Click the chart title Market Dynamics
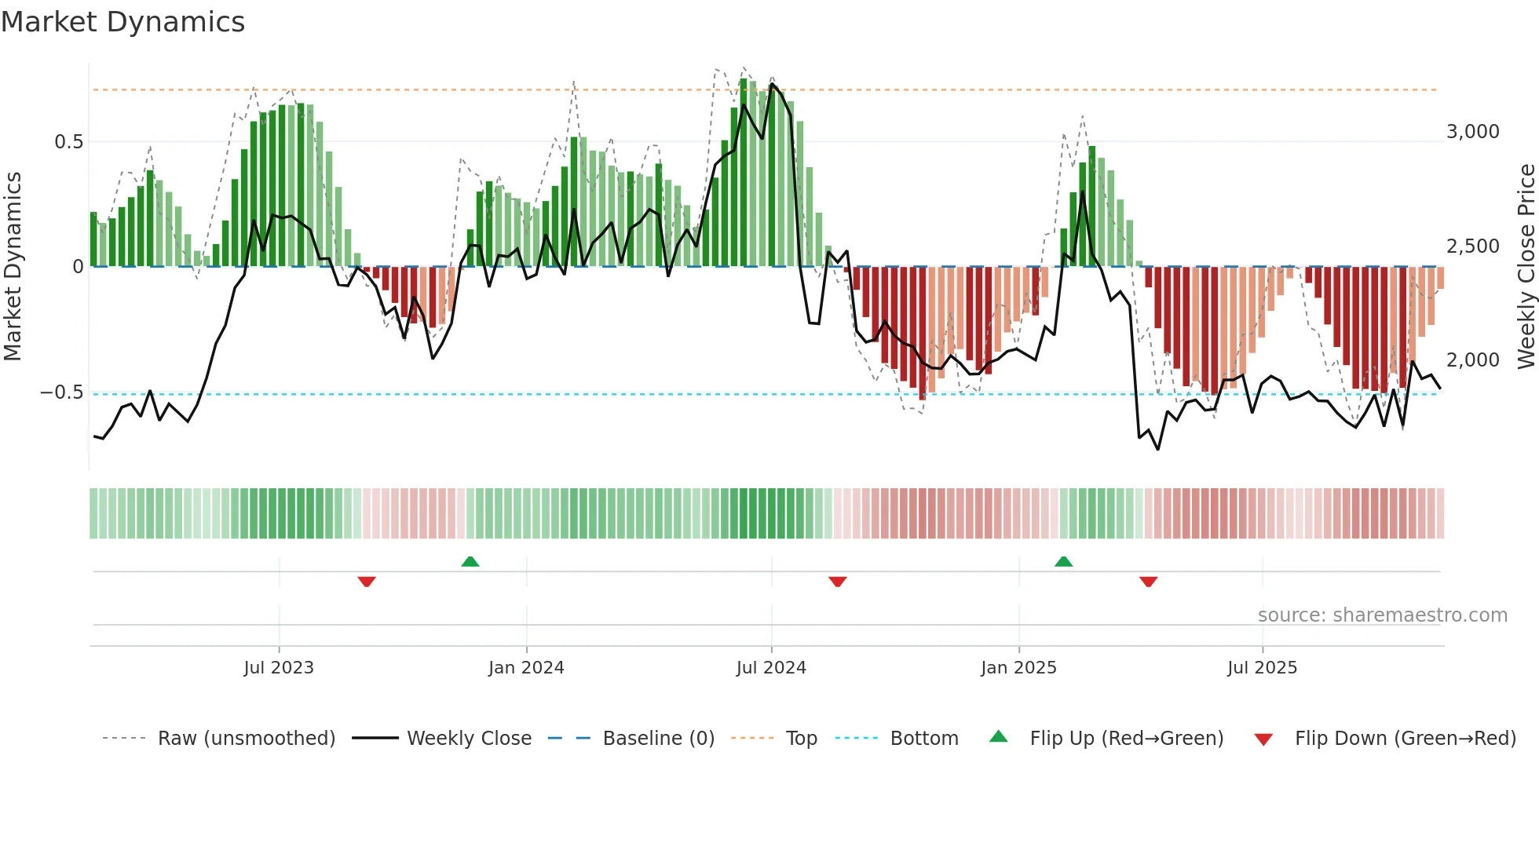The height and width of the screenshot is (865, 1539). tap(122, 22)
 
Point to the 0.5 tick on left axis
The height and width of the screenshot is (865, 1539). tap(68, 142)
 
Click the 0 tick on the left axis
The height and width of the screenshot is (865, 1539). tap(78, 267)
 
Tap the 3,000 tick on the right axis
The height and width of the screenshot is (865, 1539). tap(1472, 132)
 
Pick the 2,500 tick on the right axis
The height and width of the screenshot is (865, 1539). tap(1472, 246)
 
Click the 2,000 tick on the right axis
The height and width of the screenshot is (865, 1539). tap(1472, 360)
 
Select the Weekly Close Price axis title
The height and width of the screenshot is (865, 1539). tap(1526, 267)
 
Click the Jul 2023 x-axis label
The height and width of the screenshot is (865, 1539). tap(279, 668)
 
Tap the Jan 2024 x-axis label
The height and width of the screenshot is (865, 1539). tap(526, 668)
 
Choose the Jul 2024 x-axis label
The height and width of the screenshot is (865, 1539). tap(771, 668)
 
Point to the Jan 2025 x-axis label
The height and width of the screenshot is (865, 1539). tap(1018, 668)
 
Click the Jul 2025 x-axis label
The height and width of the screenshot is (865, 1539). tap(1262, 668)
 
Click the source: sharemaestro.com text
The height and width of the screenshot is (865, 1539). tap(1382, 615)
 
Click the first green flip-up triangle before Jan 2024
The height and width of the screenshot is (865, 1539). tap(470, 562)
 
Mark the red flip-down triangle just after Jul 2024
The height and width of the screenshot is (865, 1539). tap(837, 582)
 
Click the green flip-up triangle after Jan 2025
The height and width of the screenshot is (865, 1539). tap(1063, 562)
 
